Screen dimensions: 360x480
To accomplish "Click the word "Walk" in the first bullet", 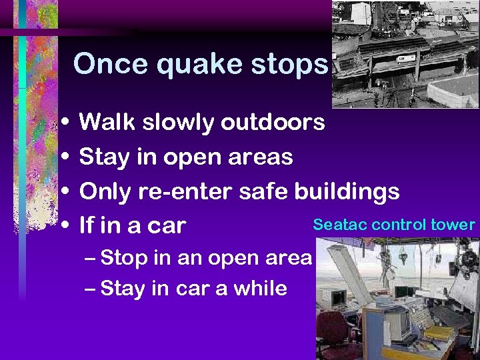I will pos(108,122).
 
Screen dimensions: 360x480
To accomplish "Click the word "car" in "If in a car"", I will pos(167,226).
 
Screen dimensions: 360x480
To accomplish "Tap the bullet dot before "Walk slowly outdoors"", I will pos(63,123).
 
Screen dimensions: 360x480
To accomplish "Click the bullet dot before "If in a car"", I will pos(63,226).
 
